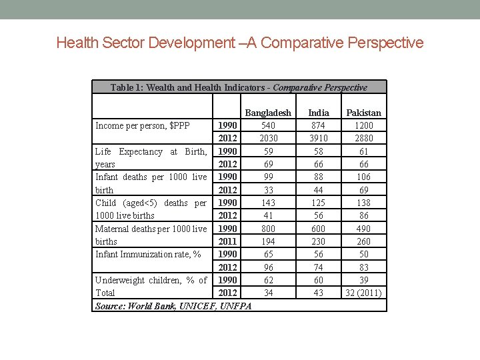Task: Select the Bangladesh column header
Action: click(268, 113)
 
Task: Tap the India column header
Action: click(319, 113)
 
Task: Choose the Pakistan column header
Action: click(364, 113)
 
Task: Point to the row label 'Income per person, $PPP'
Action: click(143, 125)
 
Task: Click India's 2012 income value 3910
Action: click(319, 138)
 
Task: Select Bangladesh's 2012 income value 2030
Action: click(268, 138)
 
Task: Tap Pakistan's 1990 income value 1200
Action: click(364, 125)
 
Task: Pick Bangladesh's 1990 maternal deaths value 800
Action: click(268, 229)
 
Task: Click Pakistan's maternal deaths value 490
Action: click(364, 229)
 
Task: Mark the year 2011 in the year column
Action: click(227, 241)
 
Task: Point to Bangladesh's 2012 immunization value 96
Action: click(268, 267)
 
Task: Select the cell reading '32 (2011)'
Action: click(364, 293)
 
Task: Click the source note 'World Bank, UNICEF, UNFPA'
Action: click(173, 305)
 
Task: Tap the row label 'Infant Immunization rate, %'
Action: click(148, 254)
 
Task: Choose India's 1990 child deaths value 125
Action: click(319, 203)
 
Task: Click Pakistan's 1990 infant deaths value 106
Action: click(364, 177)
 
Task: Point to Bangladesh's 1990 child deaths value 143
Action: click(268, 203)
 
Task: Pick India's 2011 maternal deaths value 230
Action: click(319, 241)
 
